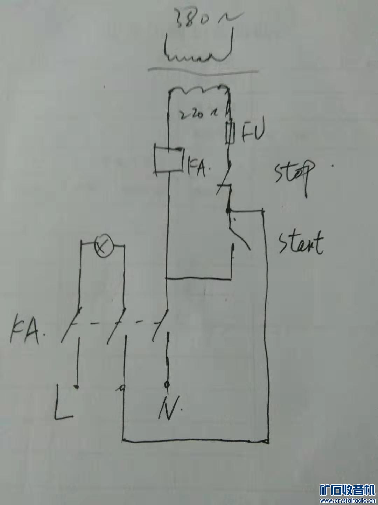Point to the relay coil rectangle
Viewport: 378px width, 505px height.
[169, 160]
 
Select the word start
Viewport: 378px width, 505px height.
[300, 242]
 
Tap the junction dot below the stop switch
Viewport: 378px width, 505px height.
[229, 210]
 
